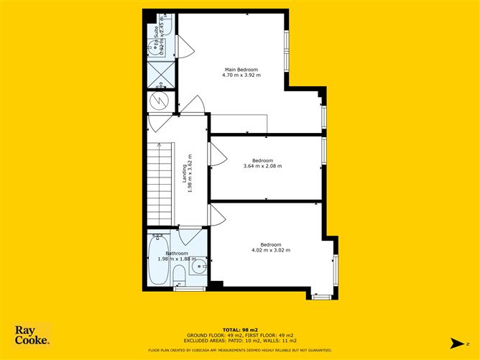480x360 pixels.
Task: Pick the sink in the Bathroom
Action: [x=199, y=269]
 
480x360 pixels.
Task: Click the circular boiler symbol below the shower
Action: [x=161, y=99]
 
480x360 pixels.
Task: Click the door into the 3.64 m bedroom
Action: [x=215, y=153]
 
